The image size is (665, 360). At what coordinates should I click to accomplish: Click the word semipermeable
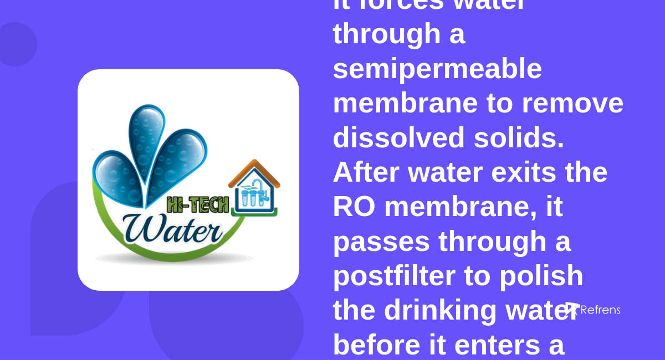(437, 69)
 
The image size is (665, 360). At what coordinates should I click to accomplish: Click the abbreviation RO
(354, 207)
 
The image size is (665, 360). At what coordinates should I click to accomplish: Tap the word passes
(381, 241)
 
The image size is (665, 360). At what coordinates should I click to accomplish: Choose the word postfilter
(393, 276)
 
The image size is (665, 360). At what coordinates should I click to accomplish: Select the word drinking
(441, 310)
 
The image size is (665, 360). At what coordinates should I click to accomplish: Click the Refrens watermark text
(600, 310)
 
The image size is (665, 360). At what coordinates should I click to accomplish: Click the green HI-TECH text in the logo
(197, 205)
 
